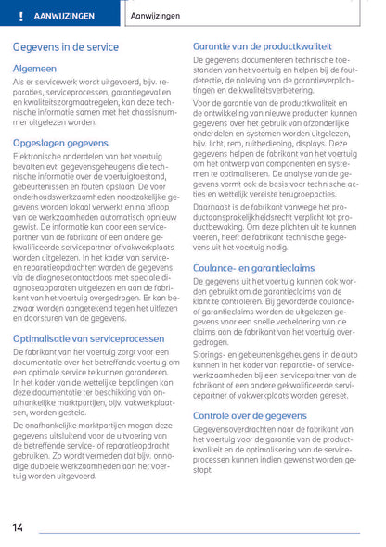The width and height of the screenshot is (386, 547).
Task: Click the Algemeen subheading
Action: click(x=35, y=69)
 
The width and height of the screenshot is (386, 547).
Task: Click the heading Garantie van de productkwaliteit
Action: click(x=263, y=45)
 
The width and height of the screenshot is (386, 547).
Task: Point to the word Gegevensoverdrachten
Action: click(x=235, y=429)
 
